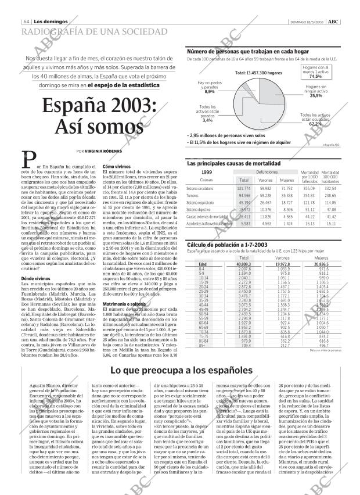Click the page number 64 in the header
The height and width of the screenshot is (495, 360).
27,21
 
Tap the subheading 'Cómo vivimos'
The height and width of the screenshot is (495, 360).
116,166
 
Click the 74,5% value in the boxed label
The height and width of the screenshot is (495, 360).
315,76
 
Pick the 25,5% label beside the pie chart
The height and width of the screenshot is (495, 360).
316,96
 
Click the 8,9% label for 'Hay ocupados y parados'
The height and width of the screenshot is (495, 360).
210,91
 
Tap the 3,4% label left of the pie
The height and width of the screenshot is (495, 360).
207,120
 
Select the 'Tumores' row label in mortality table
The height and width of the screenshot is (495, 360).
193,196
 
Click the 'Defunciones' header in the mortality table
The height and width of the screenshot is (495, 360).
267,173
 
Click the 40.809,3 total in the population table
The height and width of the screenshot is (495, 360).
244,264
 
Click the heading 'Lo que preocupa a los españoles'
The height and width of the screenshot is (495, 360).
181,371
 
